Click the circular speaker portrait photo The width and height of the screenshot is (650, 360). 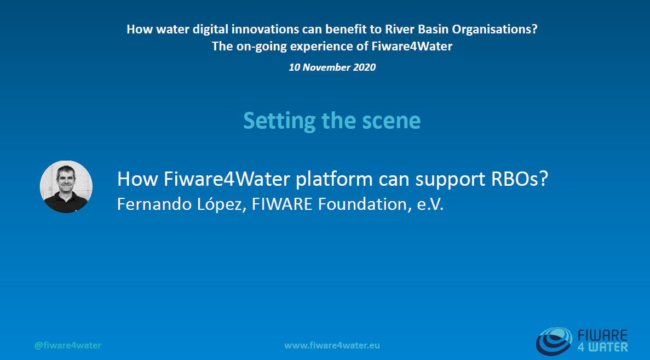[66, 186]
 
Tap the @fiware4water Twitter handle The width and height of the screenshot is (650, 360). [68, 345]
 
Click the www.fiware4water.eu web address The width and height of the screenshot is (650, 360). [332, 345]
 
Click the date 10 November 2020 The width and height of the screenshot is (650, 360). [332, 67]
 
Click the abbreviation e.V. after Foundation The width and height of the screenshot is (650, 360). [428, 204]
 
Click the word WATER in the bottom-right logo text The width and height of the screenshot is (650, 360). [609, 346]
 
